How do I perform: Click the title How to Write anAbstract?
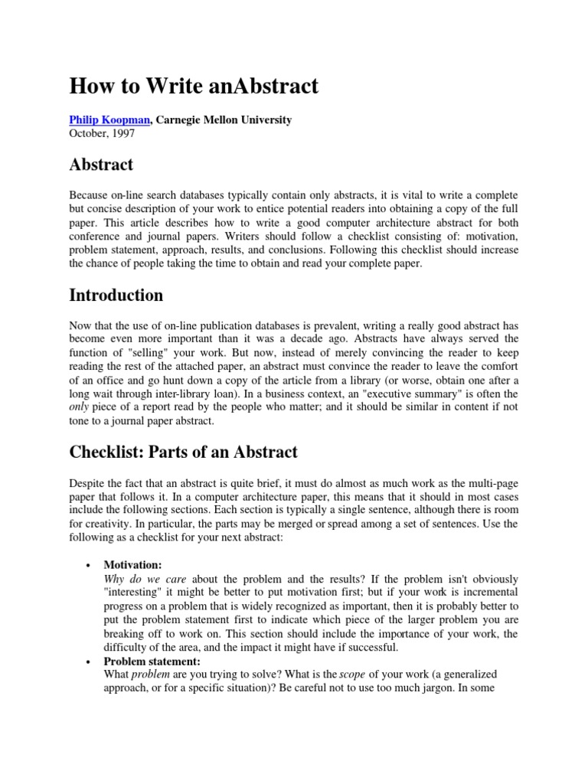coord(194,87)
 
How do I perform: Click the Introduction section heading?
coord(116,296)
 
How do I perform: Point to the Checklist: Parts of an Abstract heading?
coord(184,452)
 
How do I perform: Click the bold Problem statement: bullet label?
coord(152,661)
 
